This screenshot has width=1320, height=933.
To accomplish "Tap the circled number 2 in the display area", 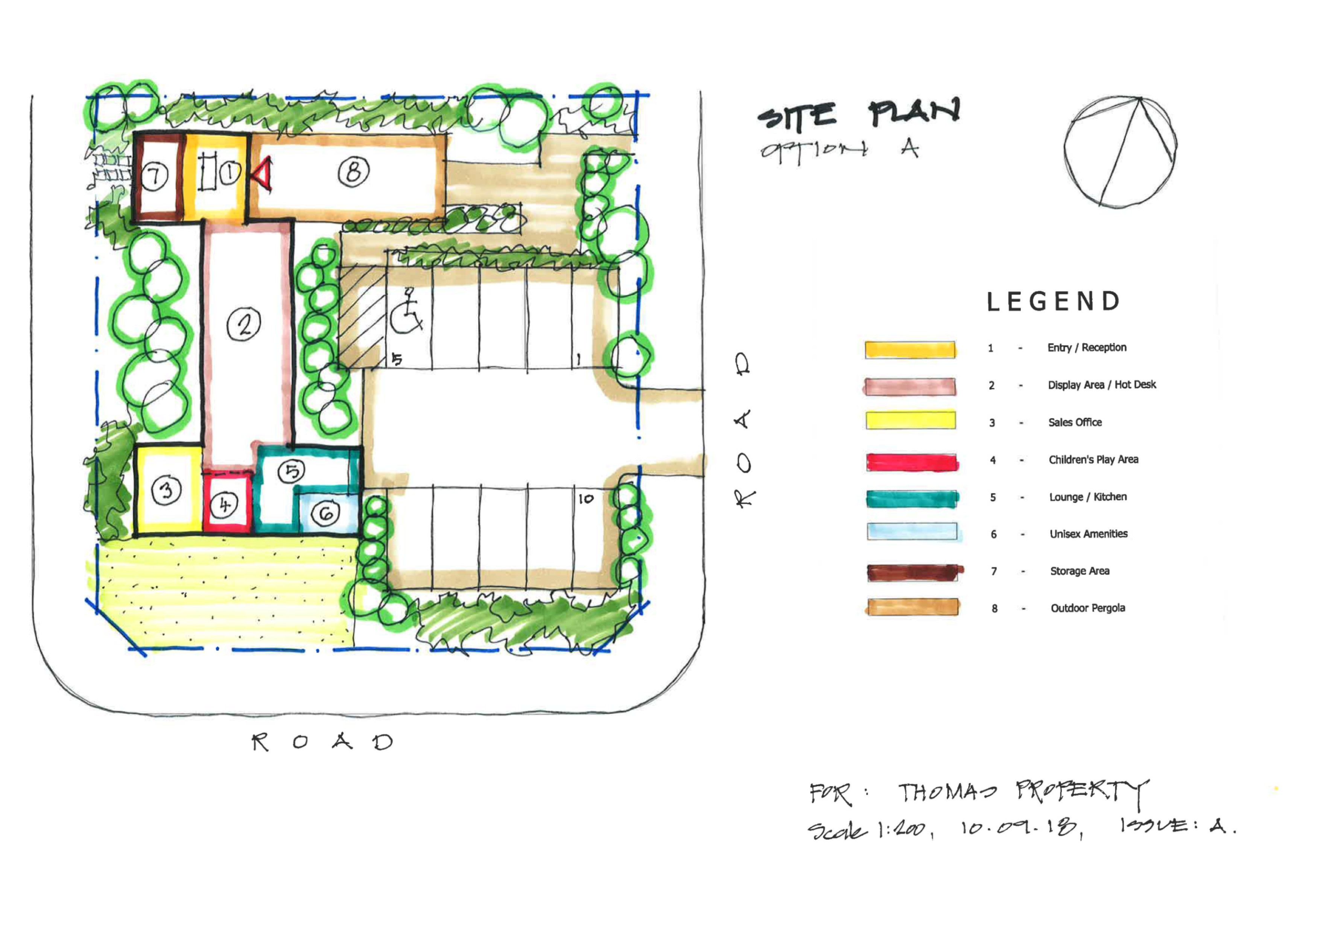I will [244, 324].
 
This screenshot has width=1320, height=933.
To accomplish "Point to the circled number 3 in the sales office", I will [166, 490].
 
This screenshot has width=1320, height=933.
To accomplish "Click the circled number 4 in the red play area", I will [224, 505].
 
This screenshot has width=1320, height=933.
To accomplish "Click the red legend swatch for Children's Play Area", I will [912, 462].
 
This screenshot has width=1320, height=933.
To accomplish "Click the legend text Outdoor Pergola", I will [1088, 608].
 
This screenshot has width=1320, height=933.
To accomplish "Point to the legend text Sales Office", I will [1075, 422].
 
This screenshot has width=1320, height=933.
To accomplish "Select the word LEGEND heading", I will [1053, 302].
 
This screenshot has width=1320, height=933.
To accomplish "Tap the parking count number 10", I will [586, 499].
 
